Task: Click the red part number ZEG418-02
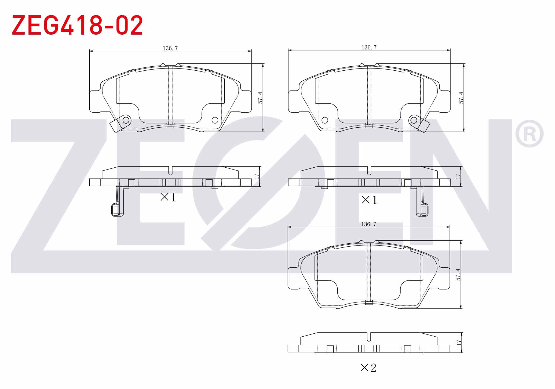click(77, 25)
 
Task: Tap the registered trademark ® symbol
click(529, 134)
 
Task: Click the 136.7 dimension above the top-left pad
click(170, 48)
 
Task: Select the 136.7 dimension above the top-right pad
click(369, 47)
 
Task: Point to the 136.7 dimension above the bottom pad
click(368, 224)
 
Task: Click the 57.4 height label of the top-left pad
click(260, 98)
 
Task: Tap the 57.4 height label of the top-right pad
click(461, 98)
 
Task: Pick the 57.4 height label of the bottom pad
click(458, 274)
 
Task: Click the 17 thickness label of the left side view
click(257, 177)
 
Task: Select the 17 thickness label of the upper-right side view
click(458, 177)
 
